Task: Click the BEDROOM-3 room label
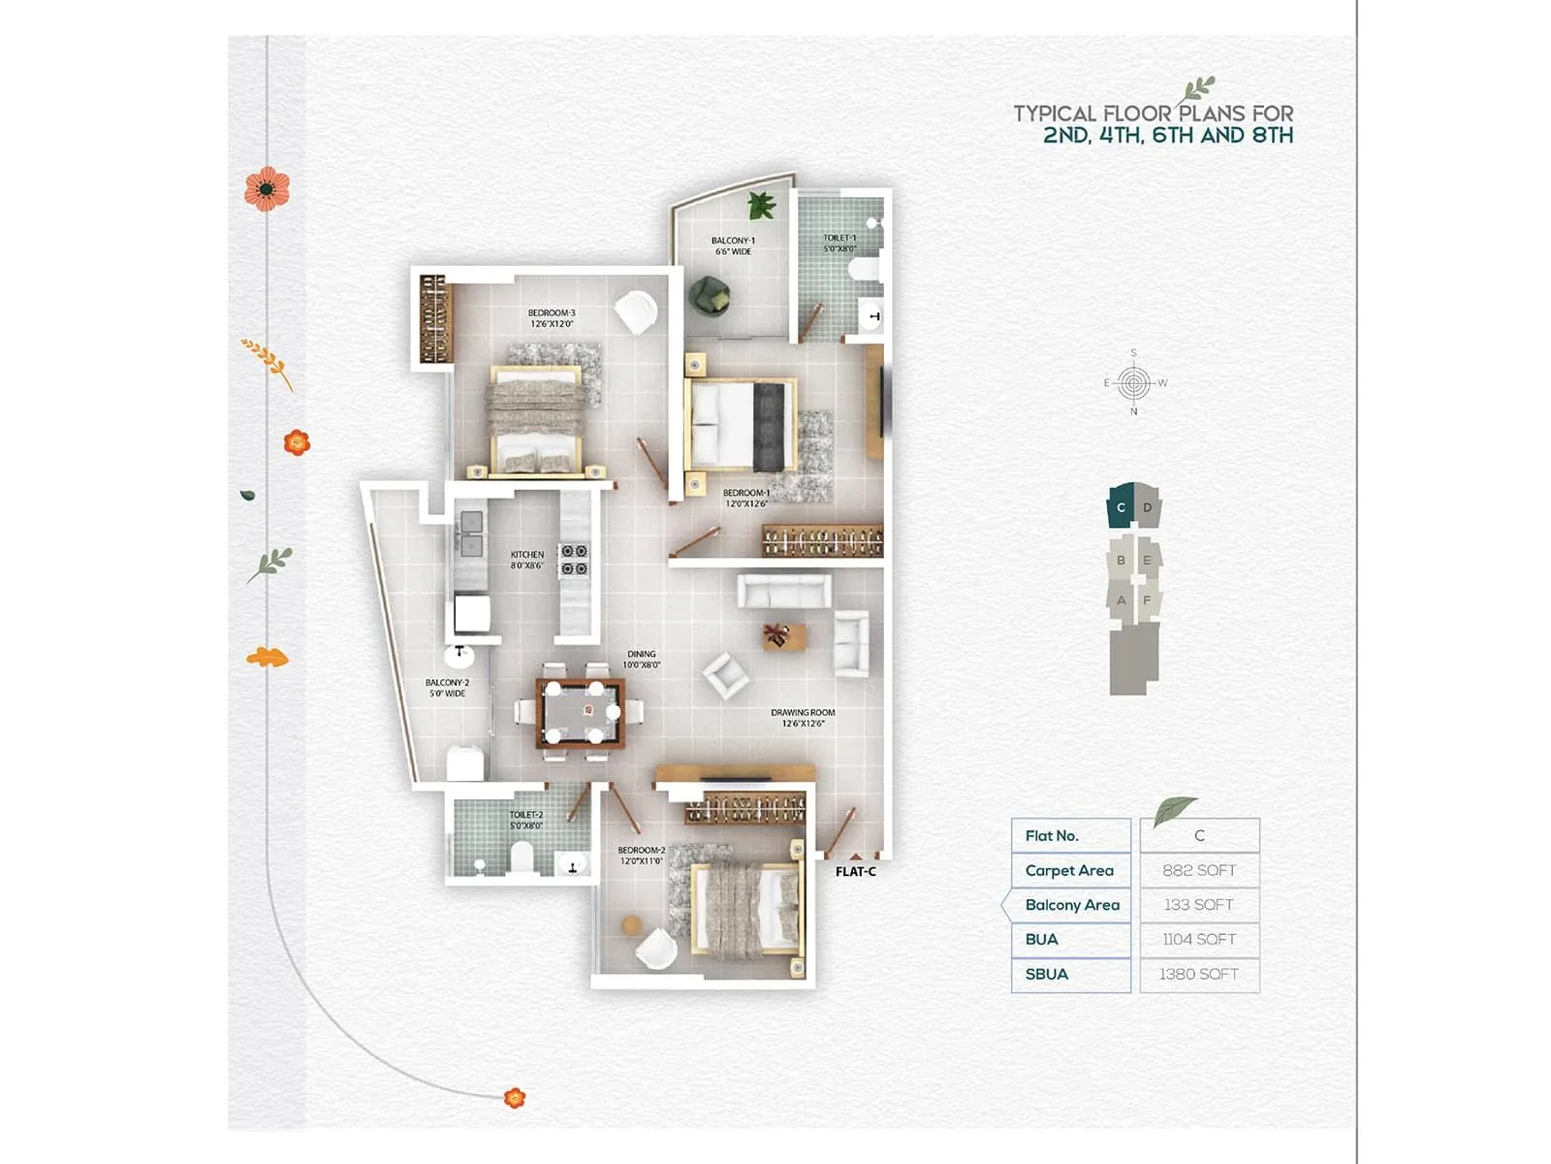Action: tap(552, 318)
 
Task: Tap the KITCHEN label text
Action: tap(527, 560)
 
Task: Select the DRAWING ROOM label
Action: tap(803, 717)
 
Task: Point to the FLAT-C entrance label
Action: tap(855, 872)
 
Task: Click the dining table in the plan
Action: tap(581, 714)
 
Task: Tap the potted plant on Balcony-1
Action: tap(761, 205)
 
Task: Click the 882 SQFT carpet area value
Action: tap(1199, 870)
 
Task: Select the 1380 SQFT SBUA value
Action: tap(1199, 974)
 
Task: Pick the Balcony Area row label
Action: tap(1071, 905)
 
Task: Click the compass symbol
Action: tap(1133, 383)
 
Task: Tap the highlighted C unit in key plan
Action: tap(1122, 507)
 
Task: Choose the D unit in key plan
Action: tap(1148, 507)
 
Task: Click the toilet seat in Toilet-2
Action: tap(522, 857)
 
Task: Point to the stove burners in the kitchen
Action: tap(574, 560)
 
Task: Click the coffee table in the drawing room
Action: tap(781, 636)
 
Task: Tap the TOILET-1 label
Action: tap(839, 242)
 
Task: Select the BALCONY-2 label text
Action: tap(447, 688)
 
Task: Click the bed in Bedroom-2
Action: tap(746, 909)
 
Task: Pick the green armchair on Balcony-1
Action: tap(710, 294)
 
